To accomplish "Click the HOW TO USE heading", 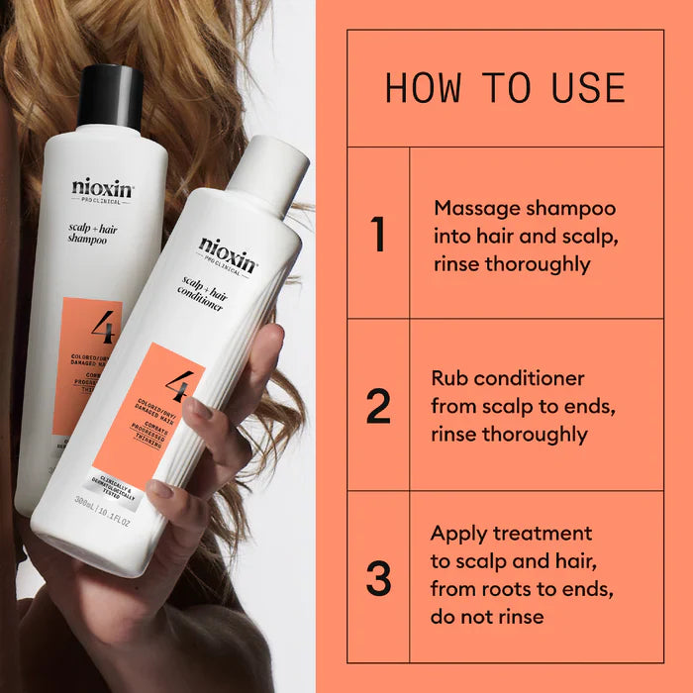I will click(x=505, y=88).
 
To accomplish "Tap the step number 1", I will click(x=377, y=234).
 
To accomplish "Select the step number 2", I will click(x=378, y=406).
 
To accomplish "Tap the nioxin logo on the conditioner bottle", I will click(x=228, y=252).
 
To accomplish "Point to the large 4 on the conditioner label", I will click(x=179, y=381).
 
